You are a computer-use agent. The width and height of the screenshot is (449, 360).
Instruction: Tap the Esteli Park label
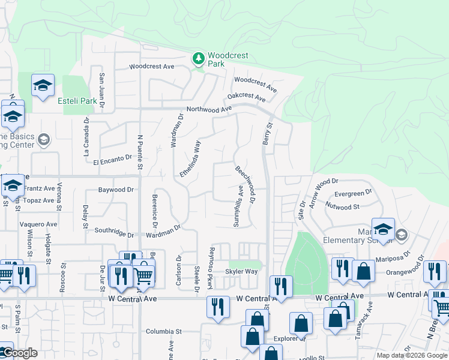77,101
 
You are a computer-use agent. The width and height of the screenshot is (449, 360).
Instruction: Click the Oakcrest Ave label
246,97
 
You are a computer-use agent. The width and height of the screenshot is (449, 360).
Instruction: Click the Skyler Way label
241,272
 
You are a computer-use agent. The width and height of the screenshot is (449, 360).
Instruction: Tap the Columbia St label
164,331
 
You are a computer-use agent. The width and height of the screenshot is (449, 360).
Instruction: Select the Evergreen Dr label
349,194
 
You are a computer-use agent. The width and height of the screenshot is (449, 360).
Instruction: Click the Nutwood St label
343,207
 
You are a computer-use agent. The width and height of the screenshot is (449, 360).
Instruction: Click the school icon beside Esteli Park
43,85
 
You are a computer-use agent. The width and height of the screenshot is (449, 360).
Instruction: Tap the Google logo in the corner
19,353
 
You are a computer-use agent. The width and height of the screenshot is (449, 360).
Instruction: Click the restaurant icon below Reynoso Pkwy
218,306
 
